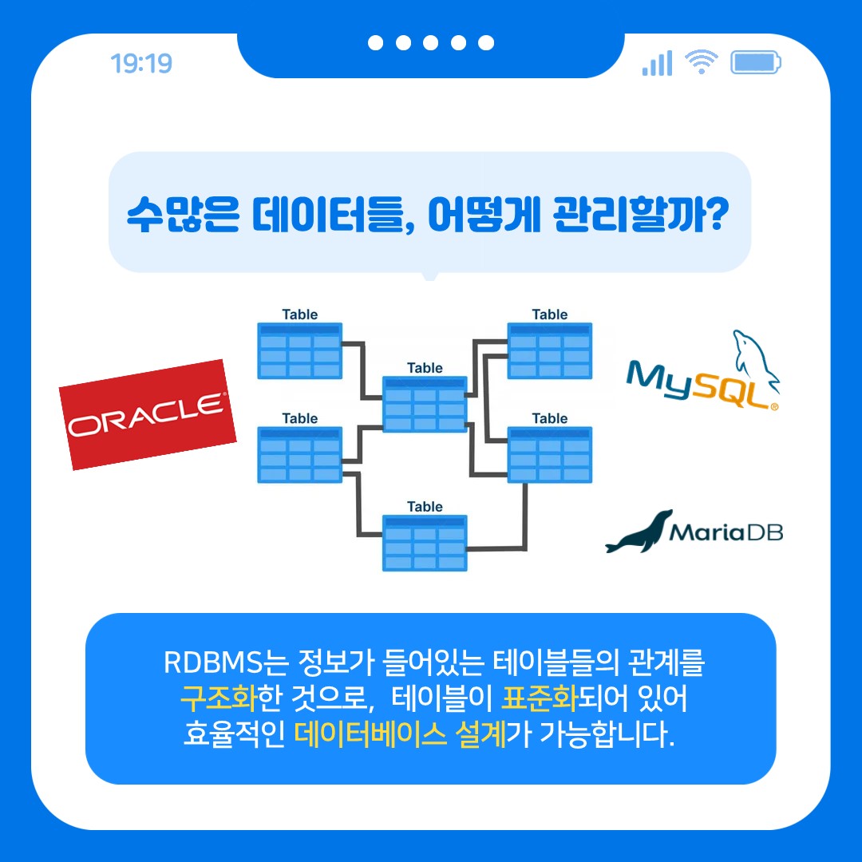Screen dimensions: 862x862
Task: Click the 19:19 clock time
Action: (141, 63)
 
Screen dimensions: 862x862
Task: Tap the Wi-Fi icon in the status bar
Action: (702, 61)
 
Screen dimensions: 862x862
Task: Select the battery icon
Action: (756, 62)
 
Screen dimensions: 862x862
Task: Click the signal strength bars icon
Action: (657, 63)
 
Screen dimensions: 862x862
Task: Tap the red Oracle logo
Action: (148, 414)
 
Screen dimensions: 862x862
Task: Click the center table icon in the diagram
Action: (425, 404)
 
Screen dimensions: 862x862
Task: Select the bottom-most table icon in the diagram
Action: (425, 543)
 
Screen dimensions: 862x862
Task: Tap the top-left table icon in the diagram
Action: (300, 350)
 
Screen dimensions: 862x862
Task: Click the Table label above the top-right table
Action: (550, 314)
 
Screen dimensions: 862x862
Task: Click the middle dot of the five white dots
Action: (431, 43)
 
